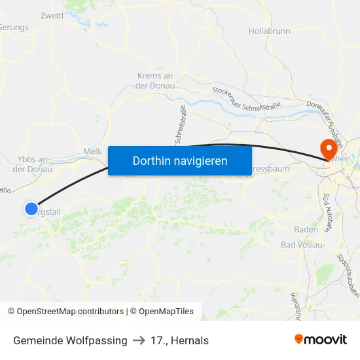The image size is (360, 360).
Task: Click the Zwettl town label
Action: pos(51,15)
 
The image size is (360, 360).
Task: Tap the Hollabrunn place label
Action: pos(269,31)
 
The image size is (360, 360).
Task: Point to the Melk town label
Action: pos(92,151)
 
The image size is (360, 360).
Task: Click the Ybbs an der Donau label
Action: pos(32,164)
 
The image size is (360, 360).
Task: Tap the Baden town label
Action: pos(306,230)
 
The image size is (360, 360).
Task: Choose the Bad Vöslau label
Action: pos(301,245)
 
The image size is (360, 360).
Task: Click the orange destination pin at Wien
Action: pos(325,147)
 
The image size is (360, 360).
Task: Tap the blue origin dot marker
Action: pos(31,208)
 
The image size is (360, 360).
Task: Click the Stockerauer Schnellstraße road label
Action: pos(245,99)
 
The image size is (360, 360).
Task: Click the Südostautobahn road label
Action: pos(346,276)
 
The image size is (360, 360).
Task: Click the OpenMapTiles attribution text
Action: pos(166,312)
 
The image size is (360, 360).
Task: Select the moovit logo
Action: pos(320,340)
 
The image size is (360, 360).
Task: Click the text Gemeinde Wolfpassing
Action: pos(70,340)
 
